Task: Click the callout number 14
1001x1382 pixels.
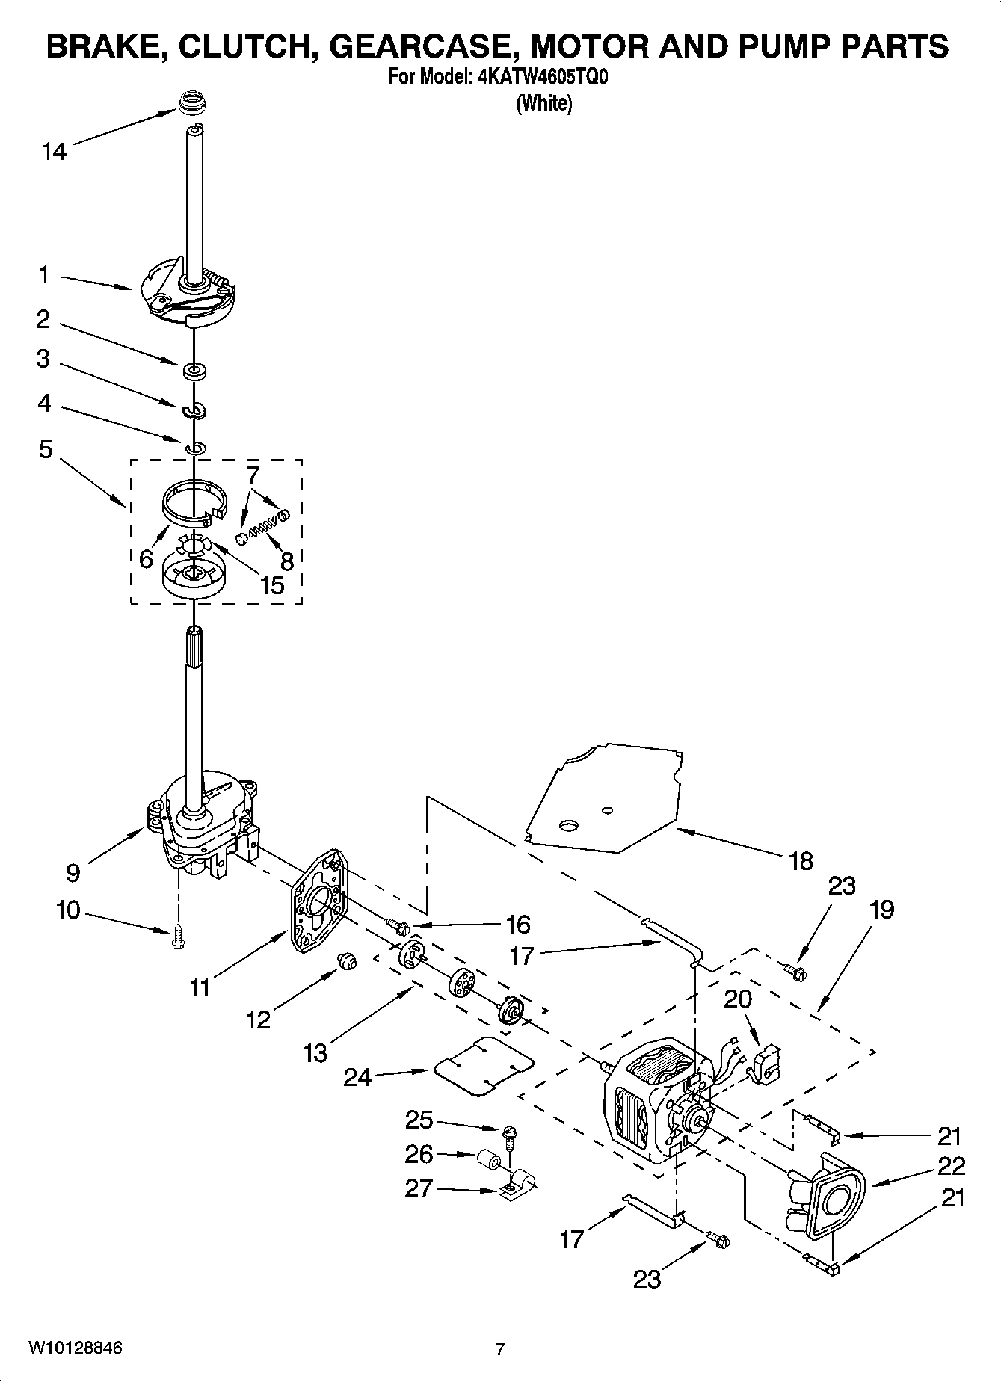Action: [x=54, y=152]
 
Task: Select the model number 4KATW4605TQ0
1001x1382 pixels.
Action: [x=537, y=78]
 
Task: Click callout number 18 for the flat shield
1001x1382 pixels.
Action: [x=801, y=860]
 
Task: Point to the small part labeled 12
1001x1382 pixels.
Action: [x=345, y=961]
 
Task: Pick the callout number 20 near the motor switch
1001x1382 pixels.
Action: [x=738, y=999]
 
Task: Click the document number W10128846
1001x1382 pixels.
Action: [x=75, y=1348]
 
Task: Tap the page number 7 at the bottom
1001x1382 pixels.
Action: [x=500, y=1348]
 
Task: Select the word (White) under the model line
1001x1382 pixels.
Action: [x=544, y=103]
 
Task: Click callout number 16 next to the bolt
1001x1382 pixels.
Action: [x=517, y=925]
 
